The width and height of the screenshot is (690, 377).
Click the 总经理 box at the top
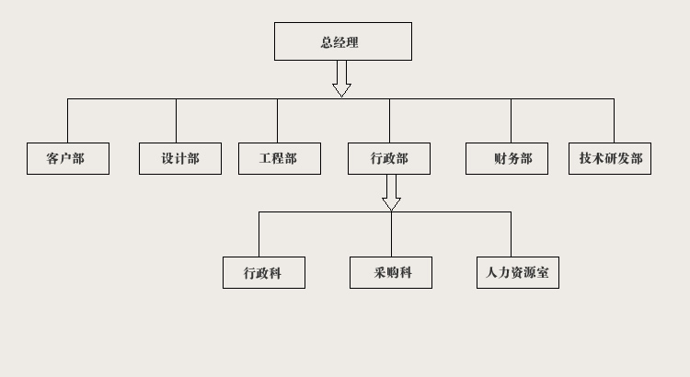pyautogui.click(x=342, y=41)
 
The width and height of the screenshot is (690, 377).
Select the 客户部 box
pyautogui.click(x=68, y=158)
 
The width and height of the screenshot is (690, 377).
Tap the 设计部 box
pyautogui.click(x=180, y=158)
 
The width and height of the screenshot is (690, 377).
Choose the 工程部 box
pyautogui.click(x=280, y=158)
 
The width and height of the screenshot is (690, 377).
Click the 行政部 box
pyautogui.click(x=389, y=158)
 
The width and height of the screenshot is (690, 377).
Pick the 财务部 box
pyautogui.click(x=506, y=158)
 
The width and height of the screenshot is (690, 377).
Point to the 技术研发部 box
pyautogui.click(x=610, y=158)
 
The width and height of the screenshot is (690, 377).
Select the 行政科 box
pyautogui.click(x=264, y=272)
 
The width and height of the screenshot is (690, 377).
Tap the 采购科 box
pyautogui.click(x=391, y=272)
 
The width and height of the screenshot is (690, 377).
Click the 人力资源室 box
pyautogui.click(x=518, y=272)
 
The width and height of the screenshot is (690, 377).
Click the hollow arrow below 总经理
pyautogui.click(x=342, y=78)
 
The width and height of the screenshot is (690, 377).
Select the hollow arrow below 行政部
pyautogui.click(x=391, y=192)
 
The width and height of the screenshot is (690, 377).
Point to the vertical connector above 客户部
pyautogui.click(x=67, y=120)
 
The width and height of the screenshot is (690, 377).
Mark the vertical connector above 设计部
pyautogui.click(x=176, y=120)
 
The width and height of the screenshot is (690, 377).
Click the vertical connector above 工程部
pyautogui.click(x=277, y=120)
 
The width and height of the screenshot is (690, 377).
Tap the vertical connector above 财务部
pyautogui.click(x=511, y=120)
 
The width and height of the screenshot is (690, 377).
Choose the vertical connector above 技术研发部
pyautogui.click(x=614, y=120)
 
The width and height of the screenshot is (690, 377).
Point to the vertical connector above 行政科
pyautogui.click(x=259, y=234)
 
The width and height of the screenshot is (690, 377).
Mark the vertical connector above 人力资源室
pyautogui.click(x=511, y=234)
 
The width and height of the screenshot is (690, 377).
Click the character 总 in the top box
pyautogui.click(x=327, y=42)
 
